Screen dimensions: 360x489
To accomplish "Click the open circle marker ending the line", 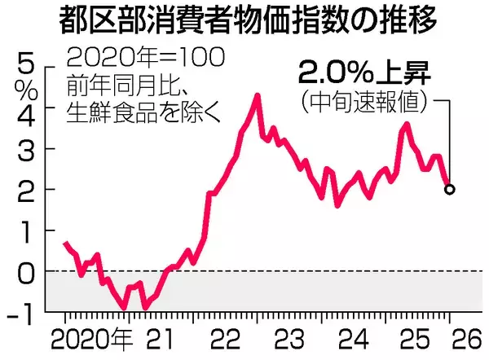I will (x=450, y=189).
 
